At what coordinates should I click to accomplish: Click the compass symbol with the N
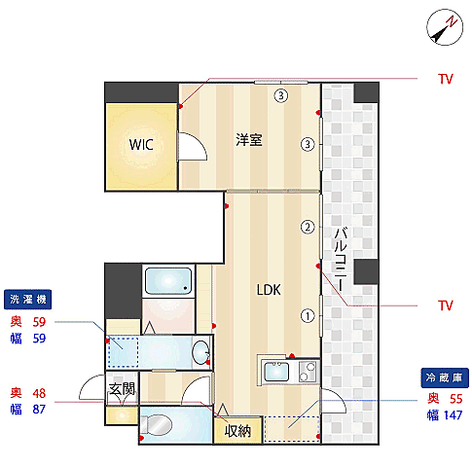445,27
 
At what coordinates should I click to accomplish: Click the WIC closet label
141,145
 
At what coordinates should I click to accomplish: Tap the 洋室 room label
249,140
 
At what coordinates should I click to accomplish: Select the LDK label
269,290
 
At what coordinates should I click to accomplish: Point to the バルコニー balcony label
341,259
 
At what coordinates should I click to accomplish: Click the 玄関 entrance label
122,389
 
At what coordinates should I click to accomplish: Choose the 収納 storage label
237,431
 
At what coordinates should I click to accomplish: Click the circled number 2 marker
308,227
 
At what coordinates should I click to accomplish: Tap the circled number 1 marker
308,316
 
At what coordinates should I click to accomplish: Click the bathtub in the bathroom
168,280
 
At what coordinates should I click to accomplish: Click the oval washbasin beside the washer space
201,351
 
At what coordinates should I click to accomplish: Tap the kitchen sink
276,372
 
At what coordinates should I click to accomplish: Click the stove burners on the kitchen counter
308,372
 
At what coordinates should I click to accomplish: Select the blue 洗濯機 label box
27,300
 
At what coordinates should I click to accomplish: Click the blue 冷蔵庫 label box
445,377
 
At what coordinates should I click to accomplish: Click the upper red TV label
445,79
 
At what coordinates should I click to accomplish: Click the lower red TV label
445,305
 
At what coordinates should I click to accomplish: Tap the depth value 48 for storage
39,393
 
